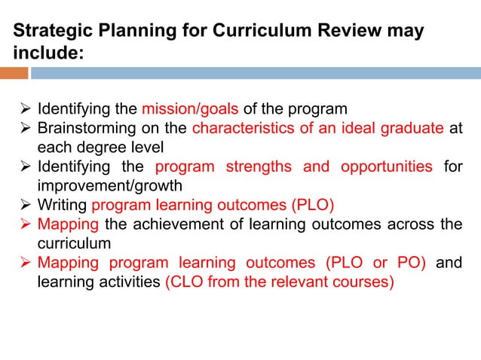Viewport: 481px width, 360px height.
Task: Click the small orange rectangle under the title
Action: coord(14,73)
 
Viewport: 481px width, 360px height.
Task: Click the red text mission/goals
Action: coord(195,108)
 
